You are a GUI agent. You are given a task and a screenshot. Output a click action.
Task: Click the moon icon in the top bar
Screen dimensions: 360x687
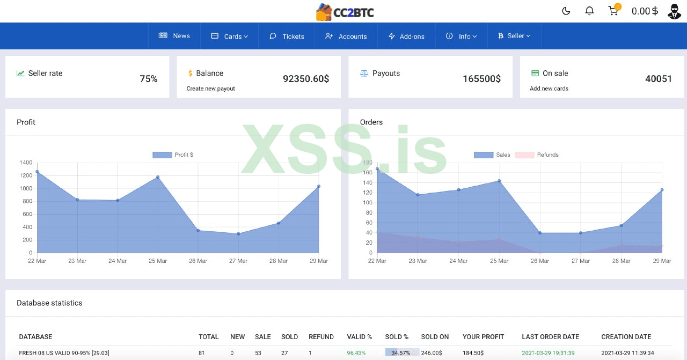tap(566, 11)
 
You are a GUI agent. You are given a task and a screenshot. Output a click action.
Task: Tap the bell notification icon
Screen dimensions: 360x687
tap(589, 11)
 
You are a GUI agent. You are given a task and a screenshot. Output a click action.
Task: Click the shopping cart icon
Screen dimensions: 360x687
tap(613, 11)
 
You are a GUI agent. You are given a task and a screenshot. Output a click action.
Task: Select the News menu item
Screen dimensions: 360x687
tap(174, 36)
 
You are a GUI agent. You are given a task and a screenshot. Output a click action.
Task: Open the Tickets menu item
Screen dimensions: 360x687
tap(287, 36)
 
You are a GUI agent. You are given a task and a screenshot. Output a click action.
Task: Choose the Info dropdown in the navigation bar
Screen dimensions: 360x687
tap(461, 36)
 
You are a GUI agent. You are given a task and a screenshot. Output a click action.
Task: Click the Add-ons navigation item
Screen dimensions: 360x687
tap(406, 36)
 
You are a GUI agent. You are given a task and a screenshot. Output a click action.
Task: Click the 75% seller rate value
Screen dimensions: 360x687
tap(149, 79)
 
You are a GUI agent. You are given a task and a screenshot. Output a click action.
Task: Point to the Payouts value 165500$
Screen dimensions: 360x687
tap(481, 79)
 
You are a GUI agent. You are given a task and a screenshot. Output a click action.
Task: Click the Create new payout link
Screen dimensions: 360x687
tap(210, 89)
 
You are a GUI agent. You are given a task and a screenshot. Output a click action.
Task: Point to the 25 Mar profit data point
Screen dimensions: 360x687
tap(158, 177)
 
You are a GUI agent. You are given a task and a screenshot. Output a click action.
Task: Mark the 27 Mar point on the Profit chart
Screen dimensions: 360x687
tap(238, 233)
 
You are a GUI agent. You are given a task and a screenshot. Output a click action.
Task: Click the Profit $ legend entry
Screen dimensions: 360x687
tap(173, 155)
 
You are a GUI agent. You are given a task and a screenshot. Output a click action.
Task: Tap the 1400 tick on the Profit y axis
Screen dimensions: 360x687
tap(26, 163)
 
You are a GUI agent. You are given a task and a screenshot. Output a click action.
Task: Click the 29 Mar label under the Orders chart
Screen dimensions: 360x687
tap(662, 261)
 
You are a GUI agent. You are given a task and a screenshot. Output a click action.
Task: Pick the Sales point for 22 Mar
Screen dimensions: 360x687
tap(377, 169)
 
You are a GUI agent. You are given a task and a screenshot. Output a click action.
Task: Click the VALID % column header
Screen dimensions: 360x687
tap(360, 337)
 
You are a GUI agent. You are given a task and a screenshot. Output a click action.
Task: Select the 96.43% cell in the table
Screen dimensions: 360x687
tap(356, 353)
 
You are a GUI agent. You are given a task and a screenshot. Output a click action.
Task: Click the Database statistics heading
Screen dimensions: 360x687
tap(49, 303)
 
